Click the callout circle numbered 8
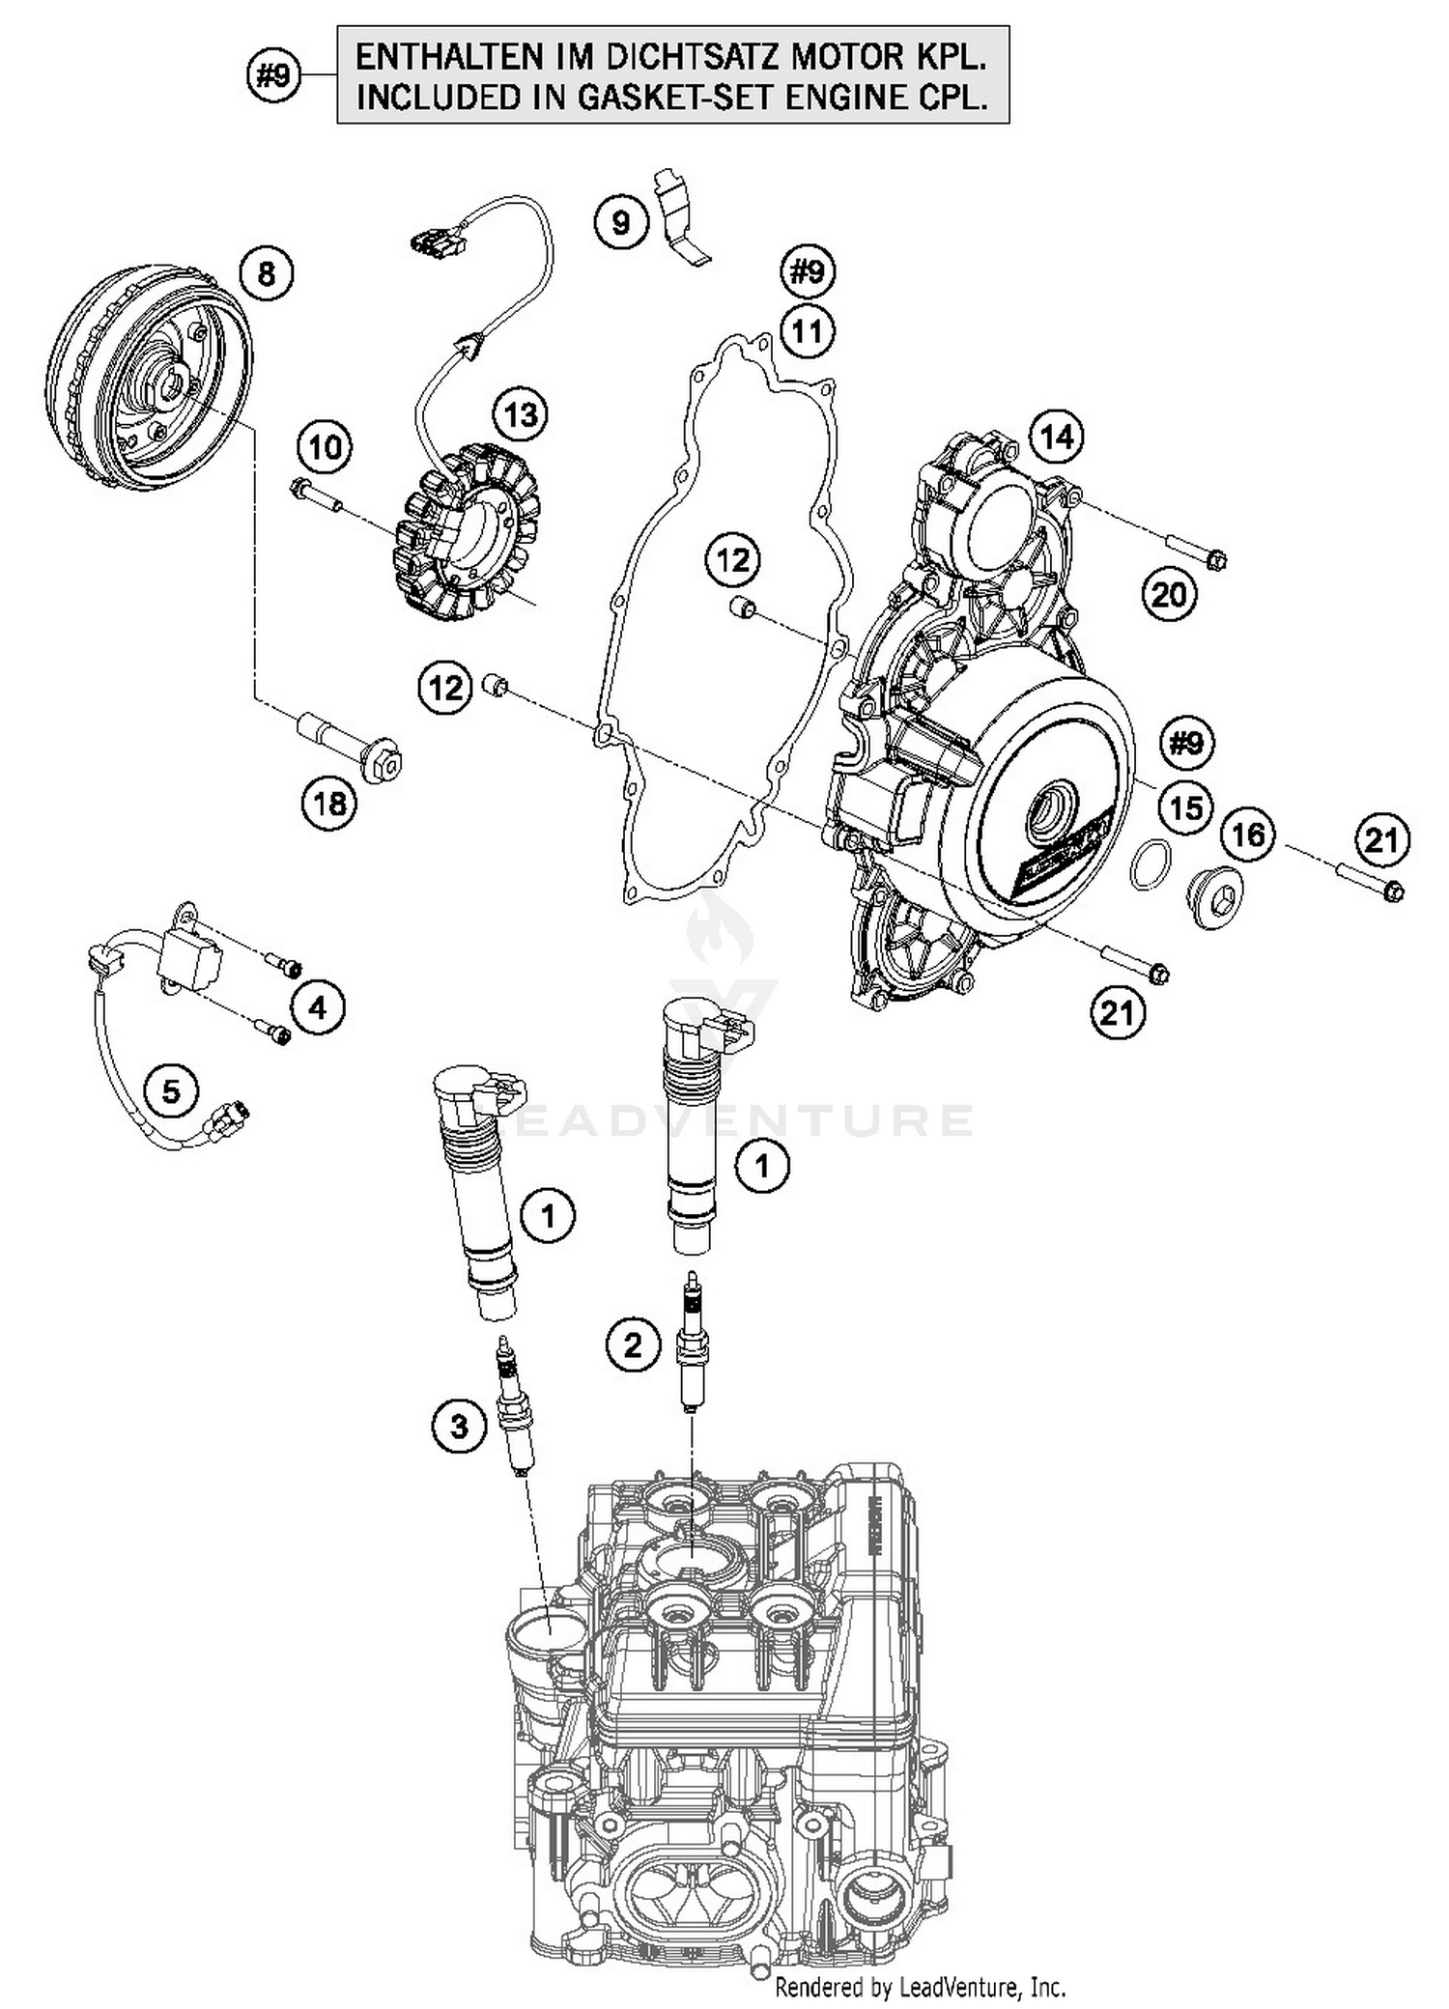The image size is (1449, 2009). click(x=267, y=274)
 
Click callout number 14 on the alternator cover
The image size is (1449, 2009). click(x=1057, y=438)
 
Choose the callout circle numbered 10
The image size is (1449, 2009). click(x=326, y=447)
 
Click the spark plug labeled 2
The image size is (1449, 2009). click(x=692, y=1344)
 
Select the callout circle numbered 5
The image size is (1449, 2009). click(x=171, y=1090)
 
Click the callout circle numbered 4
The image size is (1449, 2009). click(x=318, y=1008)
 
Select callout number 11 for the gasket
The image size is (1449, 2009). click(x=808, y=331)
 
